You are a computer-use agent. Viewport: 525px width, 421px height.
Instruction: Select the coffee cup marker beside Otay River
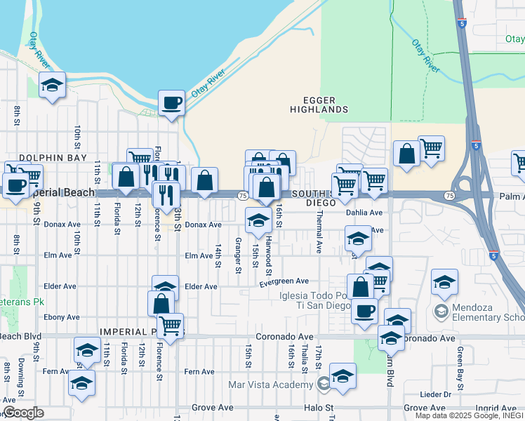[171, 104]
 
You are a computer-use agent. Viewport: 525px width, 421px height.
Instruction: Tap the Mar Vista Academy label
[274, 385]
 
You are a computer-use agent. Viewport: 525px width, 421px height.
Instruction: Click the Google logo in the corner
[23, 413]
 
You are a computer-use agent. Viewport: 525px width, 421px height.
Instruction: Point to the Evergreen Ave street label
[284, 282]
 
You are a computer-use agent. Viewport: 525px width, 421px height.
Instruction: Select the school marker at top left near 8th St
[52, 86]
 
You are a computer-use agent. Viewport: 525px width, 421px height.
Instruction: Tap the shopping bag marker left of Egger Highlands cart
[406, 152]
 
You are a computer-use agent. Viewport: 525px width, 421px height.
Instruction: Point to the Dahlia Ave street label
[364, 213]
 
